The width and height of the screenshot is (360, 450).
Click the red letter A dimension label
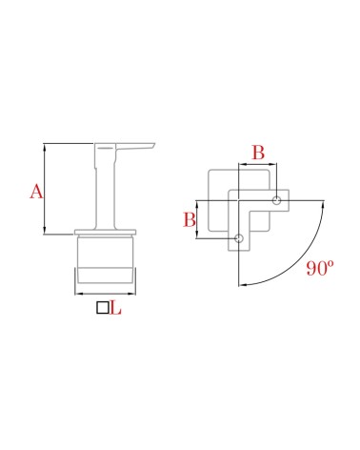(36, 192)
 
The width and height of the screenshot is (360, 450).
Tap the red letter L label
(116, 308)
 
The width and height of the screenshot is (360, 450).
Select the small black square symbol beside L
(103, 308)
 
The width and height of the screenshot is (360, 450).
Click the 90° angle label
(320, 268)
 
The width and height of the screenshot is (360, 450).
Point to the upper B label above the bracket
(258, 153)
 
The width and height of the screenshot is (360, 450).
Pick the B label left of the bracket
(190, 219)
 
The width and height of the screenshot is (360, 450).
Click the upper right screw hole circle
(277, 200)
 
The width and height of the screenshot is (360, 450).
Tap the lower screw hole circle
(238, 238)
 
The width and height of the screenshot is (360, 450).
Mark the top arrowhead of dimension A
(45, 147)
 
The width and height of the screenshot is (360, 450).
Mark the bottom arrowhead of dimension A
(45, 232)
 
